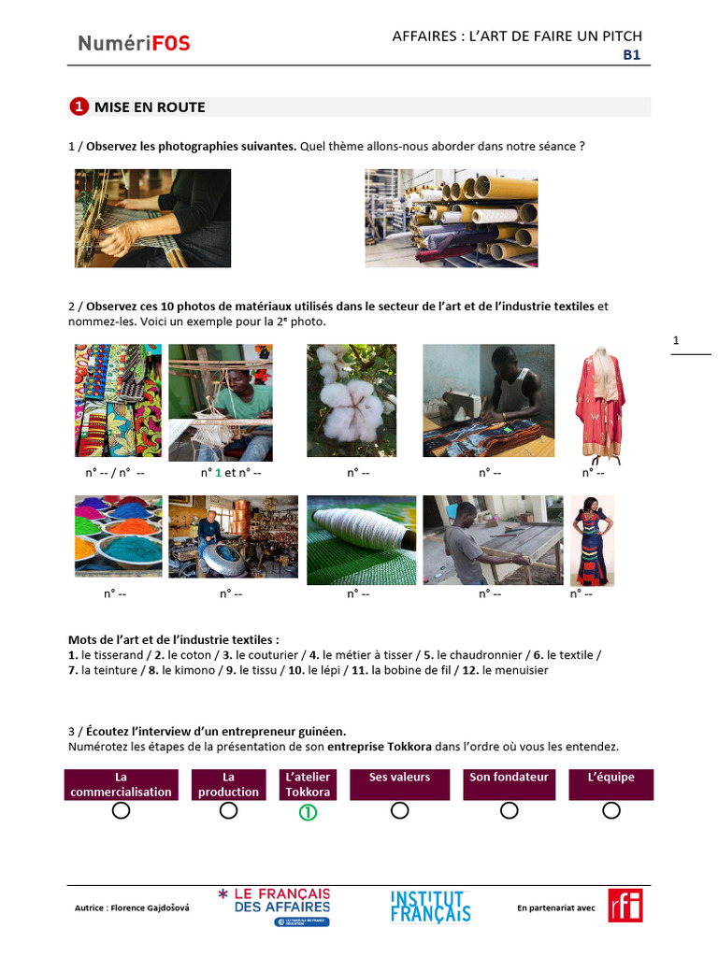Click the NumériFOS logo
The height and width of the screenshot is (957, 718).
click(x=134, y=42)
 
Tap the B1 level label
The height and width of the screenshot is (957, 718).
click(x=632, y=55)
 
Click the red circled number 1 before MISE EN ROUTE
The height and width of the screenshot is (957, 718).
click(x=79, y=107)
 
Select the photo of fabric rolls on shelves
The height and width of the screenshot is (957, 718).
click(x=451, y=218)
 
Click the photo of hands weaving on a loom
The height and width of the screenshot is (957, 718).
click(x=152, y=218)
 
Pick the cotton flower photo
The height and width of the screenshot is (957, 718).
click(x=352, y=400)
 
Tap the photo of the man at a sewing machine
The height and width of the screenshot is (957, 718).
click(x=488, y=400)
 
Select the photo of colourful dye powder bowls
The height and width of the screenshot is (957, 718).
click(x=118, y=536)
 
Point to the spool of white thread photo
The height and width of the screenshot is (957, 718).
click(x=361, y=539)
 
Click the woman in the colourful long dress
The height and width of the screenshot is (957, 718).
click(x=592, y=539)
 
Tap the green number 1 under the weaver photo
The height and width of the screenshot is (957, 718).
click(x=219, y=473)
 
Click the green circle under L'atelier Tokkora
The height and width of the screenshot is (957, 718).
click(x=308, y=812)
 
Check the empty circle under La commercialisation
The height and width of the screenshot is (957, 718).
click(x=121, y=811)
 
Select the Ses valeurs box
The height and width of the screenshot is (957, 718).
click(x=399, y=784)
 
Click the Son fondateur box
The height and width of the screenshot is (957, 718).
click(x=509, y=784)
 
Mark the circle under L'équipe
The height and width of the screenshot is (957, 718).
click(x=611, y=811)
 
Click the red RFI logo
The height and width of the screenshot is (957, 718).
click(x=625, y=906)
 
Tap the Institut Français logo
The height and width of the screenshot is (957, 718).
click(x=430, y=907)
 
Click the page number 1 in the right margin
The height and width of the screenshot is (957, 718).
click(x=676, y=341)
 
